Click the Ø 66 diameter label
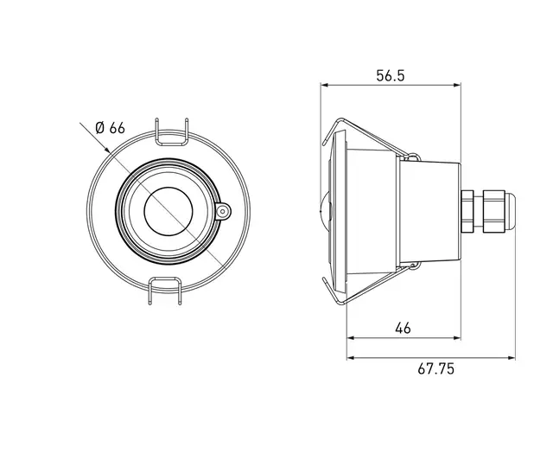(110, 127)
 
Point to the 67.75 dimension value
(435, 368)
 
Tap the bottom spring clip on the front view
(169, 289)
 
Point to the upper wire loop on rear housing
(412, 158)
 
